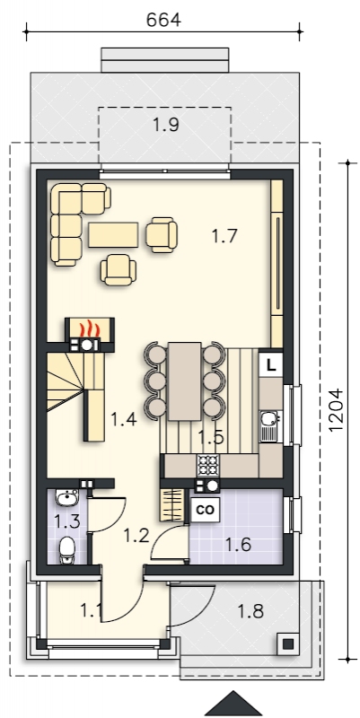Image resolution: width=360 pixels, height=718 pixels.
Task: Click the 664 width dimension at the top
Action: (x=163, y=20)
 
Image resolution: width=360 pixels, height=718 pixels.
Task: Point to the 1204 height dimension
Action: (x=336, y=410)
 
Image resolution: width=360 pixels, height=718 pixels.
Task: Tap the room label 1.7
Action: (x=224, y=236)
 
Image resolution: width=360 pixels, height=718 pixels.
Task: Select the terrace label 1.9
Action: (x=165, y=125)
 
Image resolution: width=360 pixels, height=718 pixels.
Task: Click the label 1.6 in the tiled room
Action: (x=238, y=545)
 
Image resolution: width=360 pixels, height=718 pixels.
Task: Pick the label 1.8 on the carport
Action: (x=251, y=611)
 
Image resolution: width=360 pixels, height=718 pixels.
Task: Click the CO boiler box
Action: (x=205, y=510)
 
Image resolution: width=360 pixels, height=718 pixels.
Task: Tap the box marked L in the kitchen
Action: (x=271, y=366)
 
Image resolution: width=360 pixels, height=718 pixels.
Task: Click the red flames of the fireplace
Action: (x=89, y=328)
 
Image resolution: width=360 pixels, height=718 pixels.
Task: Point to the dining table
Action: (x=185, y=381)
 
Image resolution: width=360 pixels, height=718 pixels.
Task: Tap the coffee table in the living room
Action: (x=113, y=234)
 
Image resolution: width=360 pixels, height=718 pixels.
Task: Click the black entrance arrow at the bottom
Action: (x=233, y=704)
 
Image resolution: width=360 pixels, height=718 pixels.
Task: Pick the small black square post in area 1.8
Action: (x=287, y=644)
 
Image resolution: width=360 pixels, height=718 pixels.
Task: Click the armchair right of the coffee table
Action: (x=162, y=234)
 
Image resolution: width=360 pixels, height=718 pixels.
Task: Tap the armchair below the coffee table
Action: (x=119, y=270)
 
